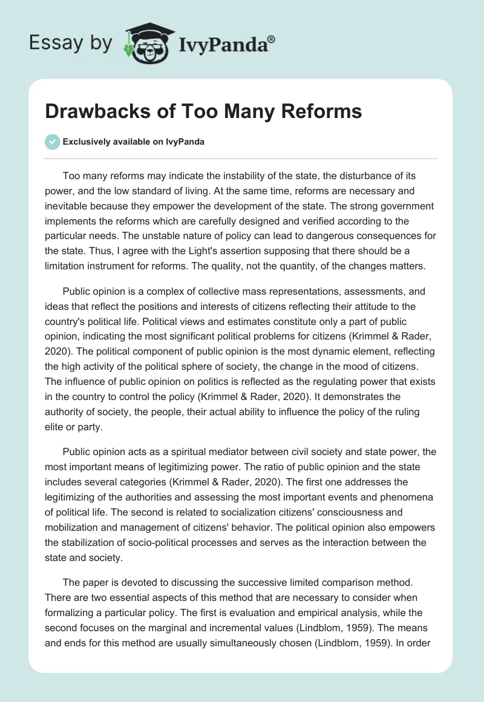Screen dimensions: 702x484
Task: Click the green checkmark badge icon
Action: point(53,142)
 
